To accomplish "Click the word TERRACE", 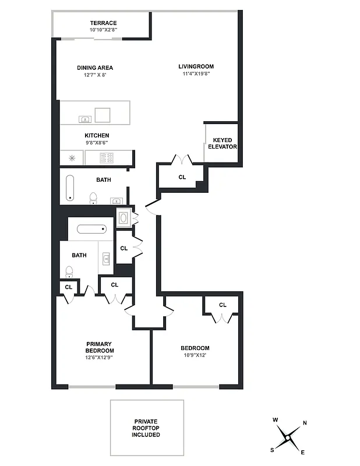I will pyautogui.click(x=103, y=23).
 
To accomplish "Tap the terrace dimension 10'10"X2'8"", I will pyautogui.click(x=103, y=30).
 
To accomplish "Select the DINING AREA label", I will pyautogui.click(x=95, y=68).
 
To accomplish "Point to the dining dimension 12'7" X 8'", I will pyautogui.click(x=95, y=75).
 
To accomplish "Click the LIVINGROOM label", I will pyautogui.click(x=195, y=66).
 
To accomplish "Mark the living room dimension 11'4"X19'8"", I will pyautogui.click(x=195, y=73).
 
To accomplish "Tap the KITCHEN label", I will pyautogui.click(x=97, y=136).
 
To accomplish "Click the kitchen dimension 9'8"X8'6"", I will pyautogui.click(x=97, y=142).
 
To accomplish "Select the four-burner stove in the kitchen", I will pyautogui.click(x=107, y=157).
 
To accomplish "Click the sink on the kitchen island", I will pyautogui.click(x=85, y=119).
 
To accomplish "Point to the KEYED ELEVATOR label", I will pyautogui.click(x=222, y=143).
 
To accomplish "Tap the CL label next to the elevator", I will pyautogui.click(x=182, y=177).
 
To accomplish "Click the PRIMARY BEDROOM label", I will pyautogui.click(x=100, y=347).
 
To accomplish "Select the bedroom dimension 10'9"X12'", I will pyautogui.click(x=195, y=355).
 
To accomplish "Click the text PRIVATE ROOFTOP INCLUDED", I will pyautogui.click(x=146, y=428).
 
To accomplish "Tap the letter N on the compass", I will pyautogui.click(x=305, y=423).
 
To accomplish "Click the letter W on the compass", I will pyautogui.click(x=275, y=419).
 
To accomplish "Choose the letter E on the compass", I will pyautogui.click(x=302, y=452).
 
